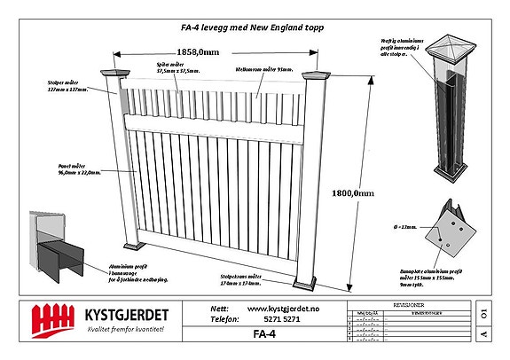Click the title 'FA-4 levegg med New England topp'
pyautogui.click(x=252, y=28)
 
